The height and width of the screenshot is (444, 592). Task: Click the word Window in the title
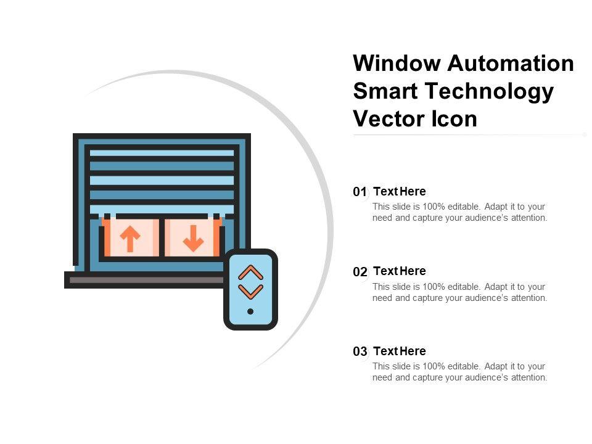click(x=397, y=63)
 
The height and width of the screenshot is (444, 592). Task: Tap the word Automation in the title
click(x=511, y=63)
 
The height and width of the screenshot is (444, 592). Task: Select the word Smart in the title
click(x=385, y=91)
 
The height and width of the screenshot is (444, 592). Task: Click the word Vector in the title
click(x=388, y=119)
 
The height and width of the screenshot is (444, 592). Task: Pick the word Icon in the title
click(x=454, y=119)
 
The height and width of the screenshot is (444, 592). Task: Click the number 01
click(x=360, y=192)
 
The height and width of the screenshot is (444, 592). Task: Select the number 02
click(x=360, y=272)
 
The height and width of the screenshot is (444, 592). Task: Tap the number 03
click(x=360, y=351)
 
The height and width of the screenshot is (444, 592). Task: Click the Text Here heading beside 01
click(x=400, y=191)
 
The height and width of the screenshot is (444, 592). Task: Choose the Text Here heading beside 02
click(x=400, y=271)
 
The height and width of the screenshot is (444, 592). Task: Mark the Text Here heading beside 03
click(x=400, y=351)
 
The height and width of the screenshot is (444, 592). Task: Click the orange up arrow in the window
click(x=130, y=239)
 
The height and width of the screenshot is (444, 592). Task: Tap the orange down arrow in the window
click(x=193, y=239)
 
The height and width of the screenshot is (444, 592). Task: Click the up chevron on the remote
click(x=251, y=273)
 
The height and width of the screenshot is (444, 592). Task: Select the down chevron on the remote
click(x=251, y=292)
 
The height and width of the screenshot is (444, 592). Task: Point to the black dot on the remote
click(x=250, y=311)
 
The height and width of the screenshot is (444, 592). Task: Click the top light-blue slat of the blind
click(x=162, y=153)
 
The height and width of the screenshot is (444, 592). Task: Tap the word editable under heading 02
click(x=464, y=287)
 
